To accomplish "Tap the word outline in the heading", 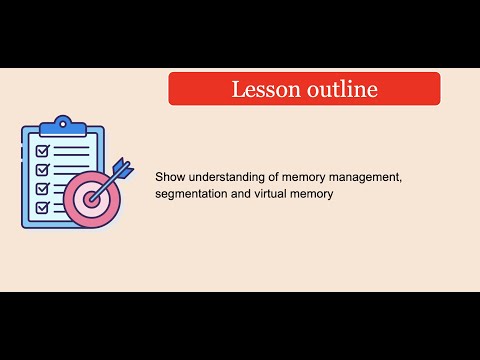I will click(340, 89).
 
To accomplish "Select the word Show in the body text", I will click(170, 177).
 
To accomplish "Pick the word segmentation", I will click(194, 194).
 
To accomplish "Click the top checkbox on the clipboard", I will click(42, 151).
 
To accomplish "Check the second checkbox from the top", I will click(42, 169).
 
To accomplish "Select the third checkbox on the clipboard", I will click(42, 188).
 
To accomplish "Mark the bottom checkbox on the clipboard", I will click(42, 207).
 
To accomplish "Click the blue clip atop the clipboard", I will click(63, 125).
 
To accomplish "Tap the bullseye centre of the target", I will click(93, 198).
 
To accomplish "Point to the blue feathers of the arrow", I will click(121, 168).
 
